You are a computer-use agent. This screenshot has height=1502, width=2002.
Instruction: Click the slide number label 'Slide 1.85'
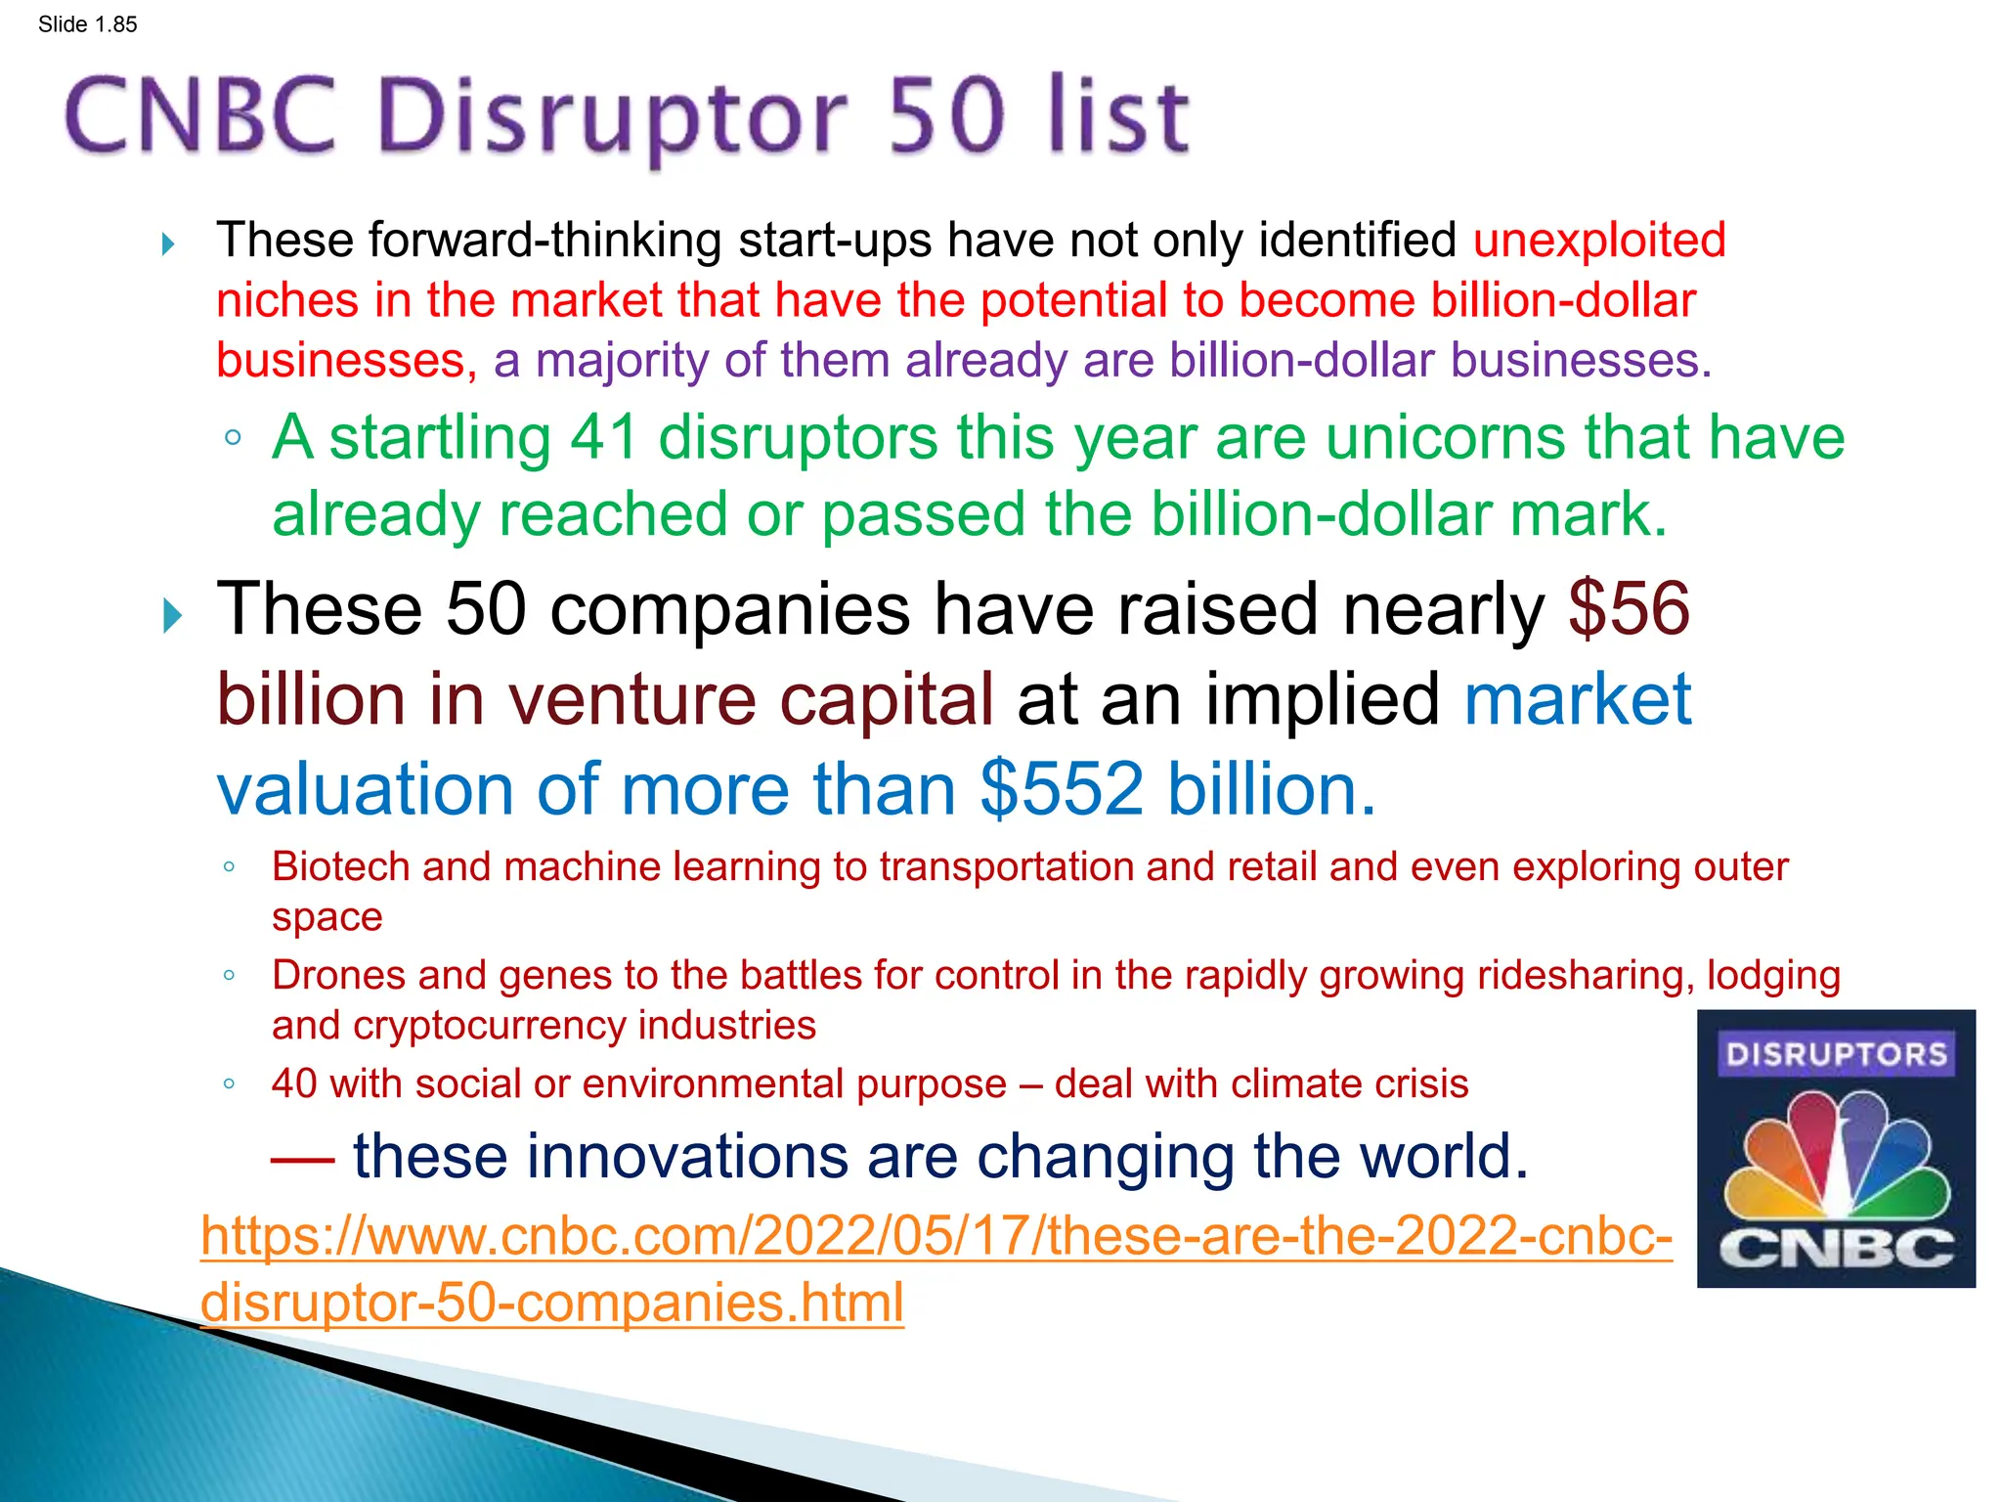[87, 24]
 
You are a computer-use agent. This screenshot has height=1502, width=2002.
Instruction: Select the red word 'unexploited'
[1599, 241]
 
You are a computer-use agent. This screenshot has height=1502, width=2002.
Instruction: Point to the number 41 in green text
[604, 437]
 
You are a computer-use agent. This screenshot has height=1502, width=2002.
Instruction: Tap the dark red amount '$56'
[1629, 609]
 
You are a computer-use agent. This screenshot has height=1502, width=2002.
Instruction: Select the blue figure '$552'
[1062, 789]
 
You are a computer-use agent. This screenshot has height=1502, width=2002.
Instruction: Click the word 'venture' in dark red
[631, 700]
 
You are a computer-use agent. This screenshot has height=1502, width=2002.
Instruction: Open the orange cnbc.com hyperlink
[936, 1236]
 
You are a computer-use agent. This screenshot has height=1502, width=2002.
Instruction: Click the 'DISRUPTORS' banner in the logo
[1836, 1054]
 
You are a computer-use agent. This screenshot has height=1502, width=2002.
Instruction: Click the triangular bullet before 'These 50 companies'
[172, 616]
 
